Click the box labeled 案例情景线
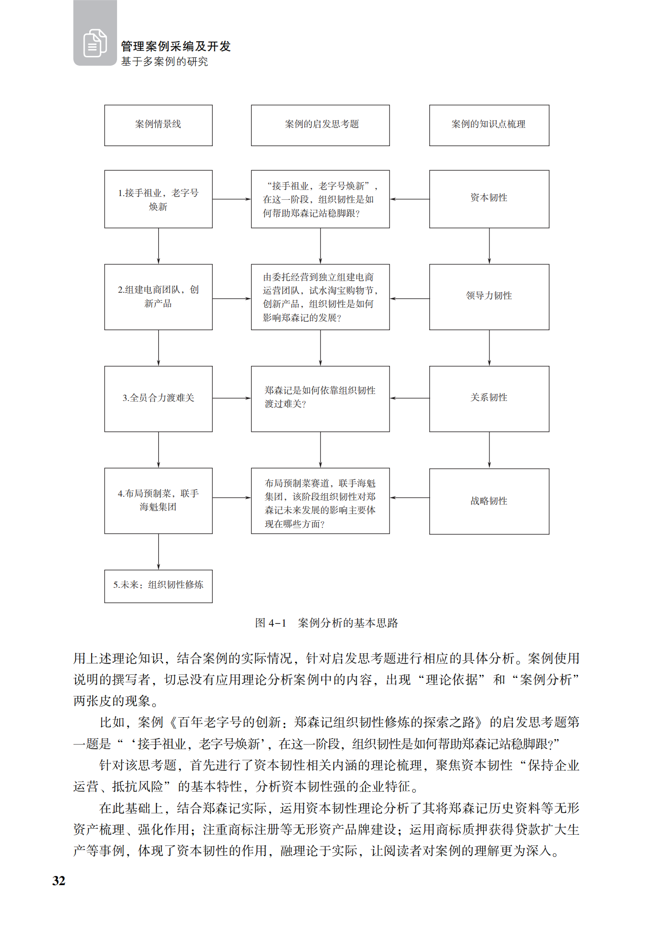tap(158, 125)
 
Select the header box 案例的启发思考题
tap(320, 125)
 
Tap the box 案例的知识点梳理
tap(489, 125)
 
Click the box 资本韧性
tap(489, 199)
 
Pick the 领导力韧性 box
tap(489, 296)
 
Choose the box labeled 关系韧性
tap(489, 399)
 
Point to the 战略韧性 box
tap(489, 501)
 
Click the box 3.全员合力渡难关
tap(158, 399)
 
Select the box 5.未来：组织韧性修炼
tap(158, 586)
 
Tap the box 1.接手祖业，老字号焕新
tap(158, 199)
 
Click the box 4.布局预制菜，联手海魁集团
tap(158, 500)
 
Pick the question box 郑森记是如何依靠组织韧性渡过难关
tap(320, 399)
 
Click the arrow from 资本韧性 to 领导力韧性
tap(489, 246)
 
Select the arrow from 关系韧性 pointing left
tap(409, 398)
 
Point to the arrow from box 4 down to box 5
tap(159, 552)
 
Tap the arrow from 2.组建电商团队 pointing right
tap(231, 299)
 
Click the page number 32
tap(59, 881)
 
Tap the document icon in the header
tap(95, 43)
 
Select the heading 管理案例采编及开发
tap(176, 46)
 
